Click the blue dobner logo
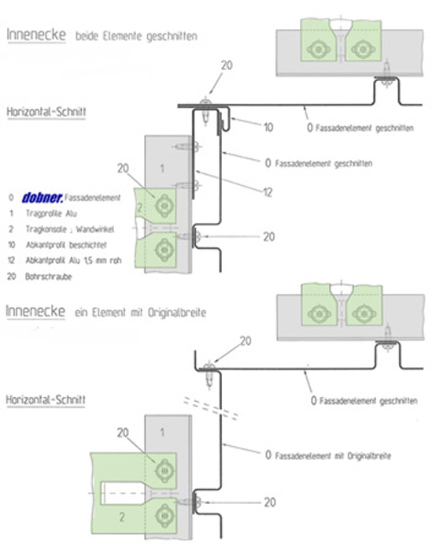click(x=42, y=198)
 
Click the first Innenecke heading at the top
click(x=36, y=35)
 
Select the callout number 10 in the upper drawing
click(x=268, y=127)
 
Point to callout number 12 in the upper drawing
click(x=268, y=192)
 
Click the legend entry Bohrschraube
click(x=48, y=276)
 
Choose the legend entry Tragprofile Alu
click(x=51, y=213)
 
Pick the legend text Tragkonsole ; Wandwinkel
click(x=70, y=229)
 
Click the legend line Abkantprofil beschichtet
click(x=66, y=245)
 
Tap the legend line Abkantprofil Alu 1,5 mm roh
click(x=73, y=261)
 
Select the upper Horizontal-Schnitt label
click(x=46, y=112)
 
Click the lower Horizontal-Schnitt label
click(x=46, y=399)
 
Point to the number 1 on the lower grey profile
click(x=162, y=432)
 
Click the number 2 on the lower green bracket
click(x=122, y=517)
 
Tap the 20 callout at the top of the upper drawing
click(x=227, y=65)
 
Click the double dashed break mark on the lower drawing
click(x=211, y=408)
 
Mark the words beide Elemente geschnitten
click(x=136, y=35)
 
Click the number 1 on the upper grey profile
click(x=162, y=169)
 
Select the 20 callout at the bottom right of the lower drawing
click(x=269, y=503)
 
